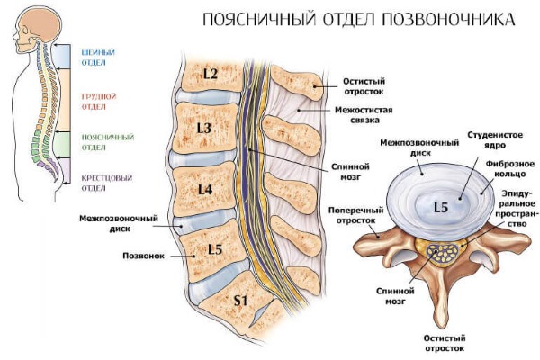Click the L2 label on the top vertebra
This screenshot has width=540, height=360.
pos(211,74)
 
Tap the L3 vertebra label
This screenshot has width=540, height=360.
pos(204,129)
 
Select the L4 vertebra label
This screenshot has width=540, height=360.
pos(204,189)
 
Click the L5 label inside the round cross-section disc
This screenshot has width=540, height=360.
pos(440,208)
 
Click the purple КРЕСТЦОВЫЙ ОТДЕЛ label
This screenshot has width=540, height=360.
pos(99,183)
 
